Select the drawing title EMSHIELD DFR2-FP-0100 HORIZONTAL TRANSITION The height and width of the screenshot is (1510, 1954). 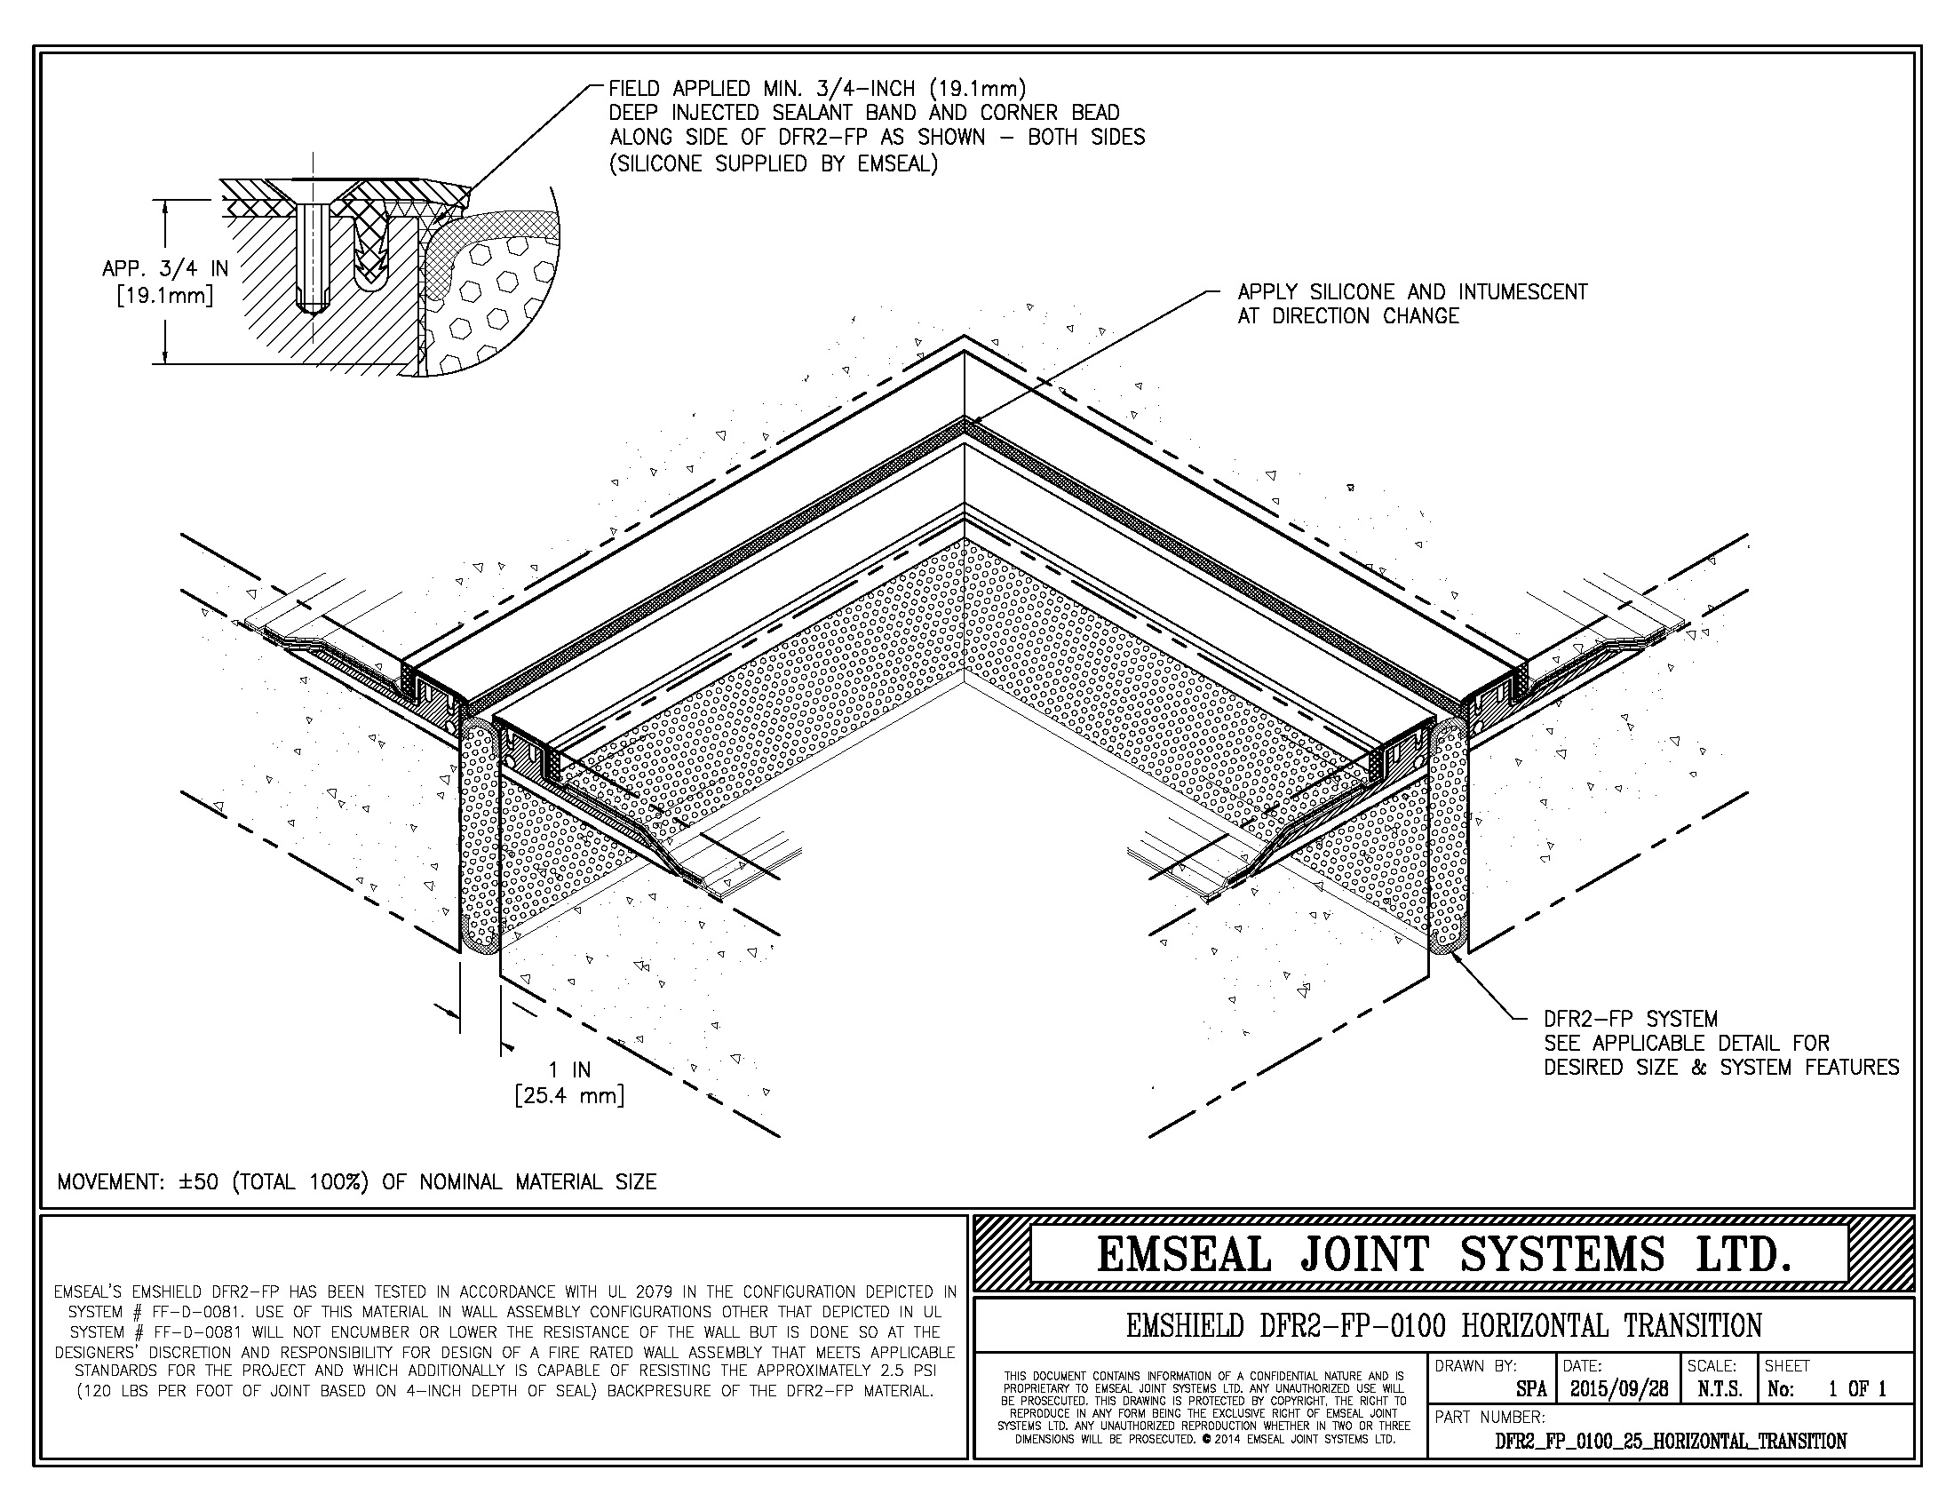pos(1443,1325)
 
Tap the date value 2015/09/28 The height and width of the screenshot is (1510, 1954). pos(1618,1389)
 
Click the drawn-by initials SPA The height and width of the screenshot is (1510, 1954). pos(1531,1390)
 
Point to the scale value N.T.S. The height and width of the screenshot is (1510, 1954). pos(1718,1389)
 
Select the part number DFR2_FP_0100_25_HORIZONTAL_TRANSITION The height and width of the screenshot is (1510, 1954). pos(1671,1441)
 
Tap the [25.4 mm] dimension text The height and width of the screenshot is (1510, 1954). pos(569,1095)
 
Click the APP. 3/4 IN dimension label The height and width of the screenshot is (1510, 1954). pos(165,268)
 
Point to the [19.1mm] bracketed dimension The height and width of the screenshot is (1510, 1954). pos(165,294)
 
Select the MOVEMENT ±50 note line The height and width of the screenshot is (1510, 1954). pos(357,1181)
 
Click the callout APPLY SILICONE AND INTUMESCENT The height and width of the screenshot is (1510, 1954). pos(1412,291)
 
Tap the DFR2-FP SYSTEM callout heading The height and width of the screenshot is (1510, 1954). pos(1630,1019)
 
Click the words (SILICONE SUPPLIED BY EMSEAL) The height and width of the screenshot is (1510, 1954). pos(773,163)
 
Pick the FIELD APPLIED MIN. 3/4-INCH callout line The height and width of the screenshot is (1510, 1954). pos(817,89)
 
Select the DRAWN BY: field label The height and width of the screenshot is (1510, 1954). pos(1476,1366)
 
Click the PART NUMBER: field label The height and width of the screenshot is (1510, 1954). pos(1489,1417)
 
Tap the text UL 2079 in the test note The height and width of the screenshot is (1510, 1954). pos(668,1291)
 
